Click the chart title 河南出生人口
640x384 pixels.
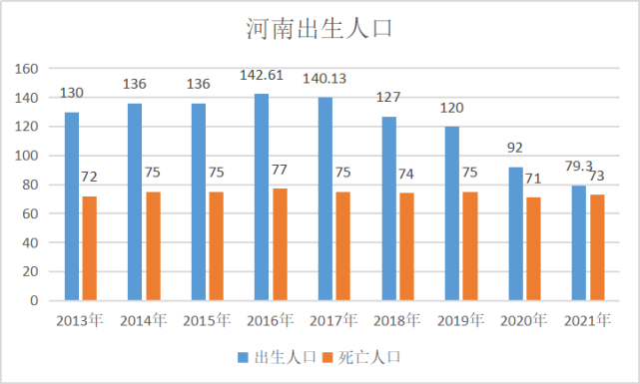tap(319, 27)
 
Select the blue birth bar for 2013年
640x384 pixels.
tap(72, 205)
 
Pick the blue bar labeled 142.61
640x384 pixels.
tap(262, 196)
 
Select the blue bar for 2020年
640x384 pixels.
tap(516, 233)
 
